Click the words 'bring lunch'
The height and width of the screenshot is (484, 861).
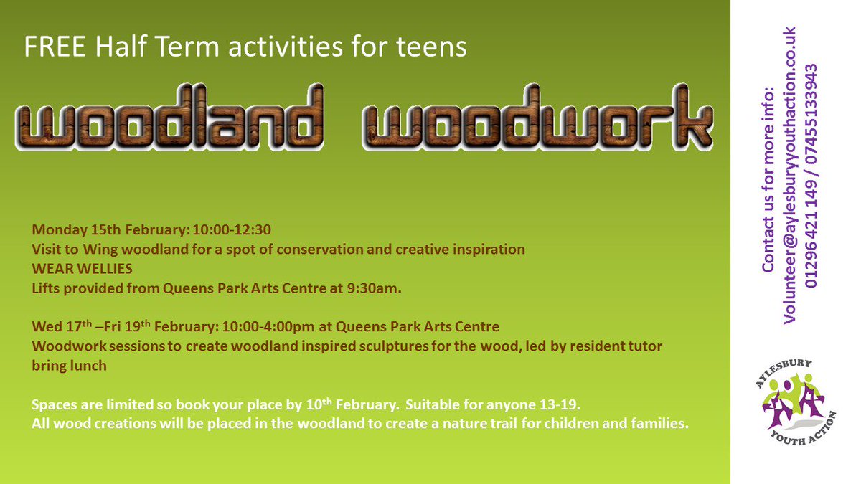69,366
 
